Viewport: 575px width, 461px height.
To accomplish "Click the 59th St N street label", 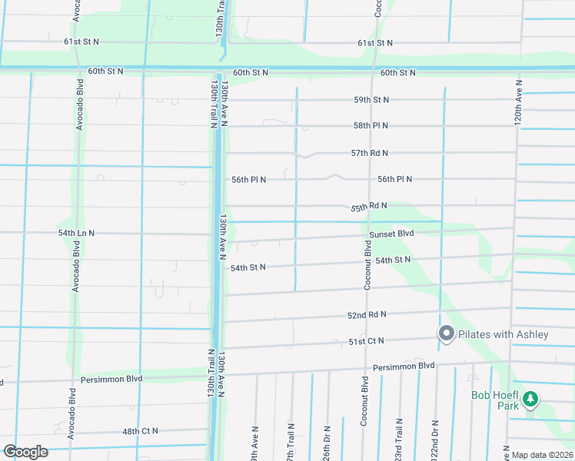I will [x=371, y=100].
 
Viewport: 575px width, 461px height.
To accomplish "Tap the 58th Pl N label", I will [x=371, y=125].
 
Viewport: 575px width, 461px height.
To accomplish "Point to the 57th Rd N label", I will [x=370, y=154].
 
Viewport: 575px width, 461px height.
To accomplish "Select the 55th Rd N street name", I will [x=369, y=207].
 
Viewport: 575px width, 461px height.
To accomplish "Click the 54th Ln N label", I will [x=76, y=233].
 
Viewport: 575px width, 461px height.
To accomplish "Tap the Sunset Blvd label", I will [x=391, y=234].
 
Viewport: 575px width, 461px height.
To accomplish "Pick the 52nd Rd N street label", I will [x=367, y=315].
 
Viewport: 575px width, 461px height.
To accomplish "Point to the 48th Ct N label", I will [x=140, y=431].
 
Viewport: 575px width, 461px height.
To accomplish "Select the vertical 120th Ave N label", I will [x=519, y=103].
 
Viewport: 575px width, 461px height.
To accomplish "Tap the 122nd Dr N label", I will [x=435, y=439].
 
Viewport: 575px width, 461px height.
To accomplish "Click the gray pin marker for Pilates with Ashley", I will [x=446, y=333].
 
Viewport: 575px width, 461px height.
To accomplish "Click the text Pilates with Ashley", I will [x=504, y=334].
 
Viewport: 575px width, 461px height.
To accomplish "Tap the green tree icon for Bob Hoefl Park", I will [x=530, y=399].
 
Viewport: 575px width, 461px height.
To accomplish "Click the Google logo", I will [x=25, y=451].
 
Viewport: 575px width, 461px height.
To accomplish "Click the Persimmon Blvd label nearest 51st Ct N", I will [x=403, y=366].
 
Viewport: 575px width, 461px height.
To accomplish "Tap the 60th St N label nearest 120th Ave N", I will [x=397, y=73].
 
